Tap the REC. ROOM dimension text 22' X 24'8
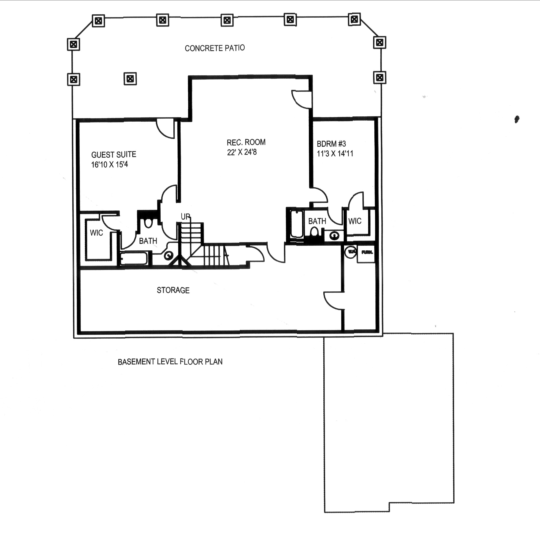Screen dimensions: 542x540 [242, 152]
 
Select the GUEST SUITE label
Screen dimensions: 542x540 [114, 155]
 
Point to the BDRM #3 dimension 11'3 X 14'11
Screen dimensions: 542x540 [335, 154]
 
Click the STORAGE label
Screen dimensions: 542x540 [173, 290]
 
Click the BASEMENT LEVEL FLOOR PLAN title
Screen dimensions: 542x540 [170, 362]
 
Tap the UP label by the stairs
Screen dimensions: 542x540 [185, 216]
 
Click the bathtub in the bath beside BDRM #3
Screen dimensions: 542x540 [297, 224]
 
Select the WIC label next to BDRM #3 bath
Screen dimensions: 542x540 [355, 221]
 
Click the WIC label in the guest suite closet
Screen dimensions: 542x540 [96, 233]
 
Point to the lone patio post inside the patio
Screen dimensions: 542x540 [130, 79]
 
